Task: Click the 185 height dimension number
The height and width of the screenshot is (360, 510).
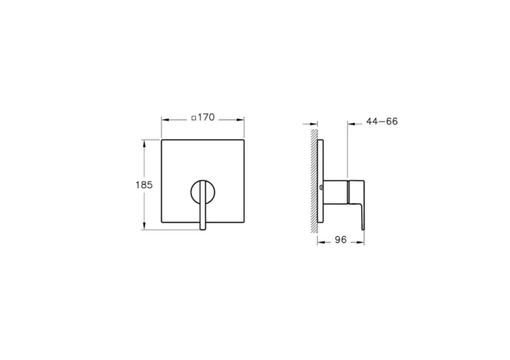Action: point(144,185)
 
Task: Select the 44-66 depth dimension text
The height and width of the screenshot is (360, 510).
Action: point(381,122)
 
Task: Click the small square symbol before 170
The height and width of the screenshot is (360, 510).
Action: point(193,117)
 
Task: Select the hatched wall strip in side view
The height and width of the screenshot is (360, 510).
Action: point(314,182)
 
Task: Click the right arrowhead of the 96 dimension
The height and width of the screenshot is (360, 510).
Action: point(361,242)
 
